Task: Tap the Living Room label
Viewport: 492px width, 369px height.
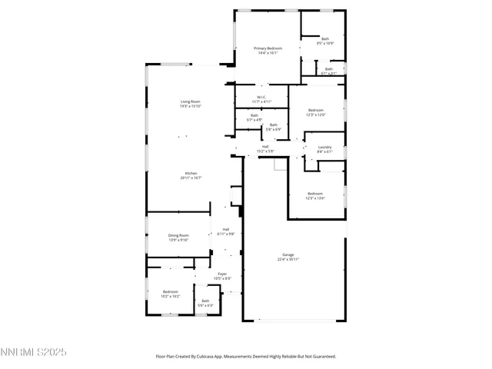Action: (x=191, y=101)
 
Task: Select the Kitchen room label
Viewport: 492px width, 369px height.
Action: (x=191, y=173)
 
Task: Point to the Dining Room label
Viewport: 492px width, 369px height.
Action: (x=178, y=235)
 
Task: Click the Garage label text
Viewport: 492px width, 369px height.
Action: (x=288, y=254)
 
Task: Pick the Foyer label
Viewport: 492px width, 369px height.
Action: (x=222, y=274)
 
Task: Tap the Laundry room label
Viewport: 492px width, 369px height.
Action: (x=324, y=146)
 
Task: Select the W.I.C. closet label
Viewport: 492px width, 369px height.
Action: (x=262, y=97)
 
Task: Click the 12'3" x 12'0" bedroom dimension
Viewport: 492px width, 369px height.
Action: (x=317, y=115)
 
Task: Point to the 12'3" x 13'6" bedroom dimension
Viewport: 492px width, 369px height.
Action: (x=315, y=198)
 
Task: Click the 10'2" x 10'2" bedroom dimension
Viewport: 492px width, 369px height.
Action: (x=171, y=296)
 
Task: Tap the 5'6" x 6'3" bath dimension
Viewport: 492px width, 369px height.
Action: (x=205, y=306)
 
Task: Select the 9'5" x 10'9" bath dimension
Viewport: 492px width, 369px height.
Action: (x=324, y=43)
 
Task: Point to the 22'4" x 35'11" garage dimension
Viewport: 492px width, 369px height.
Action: (x=288, y=260)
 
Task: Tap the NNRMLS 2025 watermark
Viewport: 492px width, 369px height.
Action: (x=34, y=352)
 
